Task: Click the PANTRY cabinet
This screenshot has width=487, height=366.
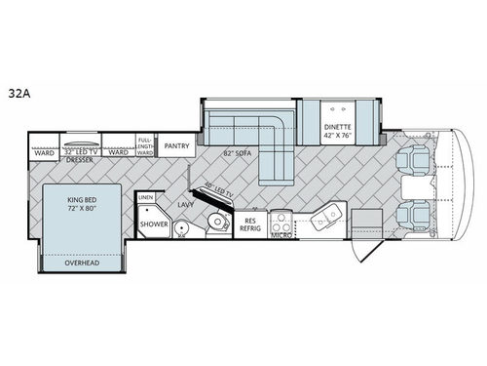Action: pyautogui.click(x=176, y=146)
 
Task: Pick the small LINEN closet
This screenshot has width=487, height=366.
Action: pyautogui.click(x=146, y=198)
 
